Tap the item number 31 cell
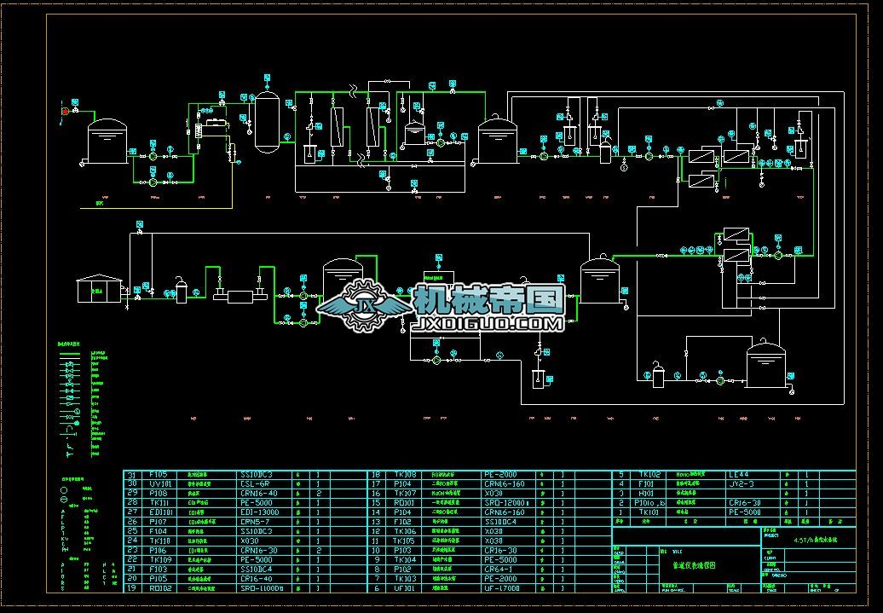click(x=132, y=474)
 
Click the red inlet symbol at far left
click(x=64, y=110)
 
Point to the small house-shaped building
click(x=93, y=289)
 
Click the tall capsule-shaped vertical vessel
click(x=268, y=122)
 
